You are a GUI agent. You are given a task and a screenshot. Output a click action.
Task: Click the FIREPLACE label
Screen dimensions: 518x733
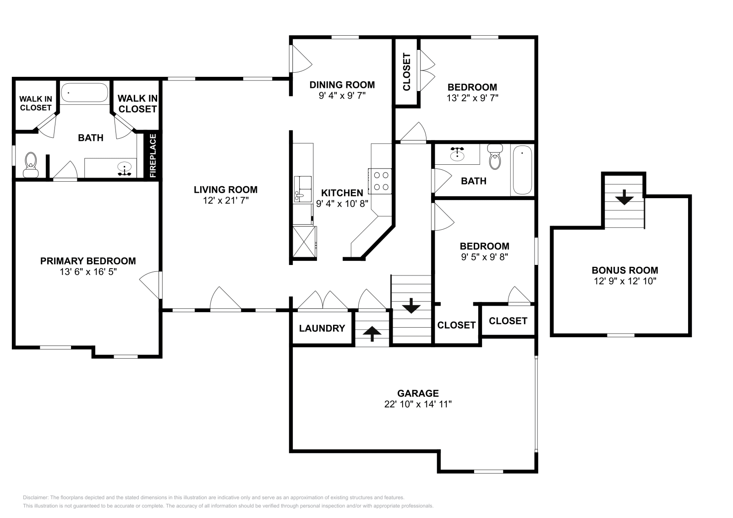coord(153,156)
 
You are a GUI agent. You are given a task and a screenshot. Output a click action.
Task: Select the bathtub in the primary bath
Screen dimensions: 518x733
coord(84,93)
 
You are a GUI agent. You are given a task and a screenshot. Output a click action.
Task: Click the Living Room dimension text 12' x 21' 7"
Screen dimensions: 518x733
coord(225,200)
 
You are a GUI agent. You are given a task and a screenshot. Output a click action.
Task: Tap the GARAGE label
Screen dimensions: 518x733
coord(418,393)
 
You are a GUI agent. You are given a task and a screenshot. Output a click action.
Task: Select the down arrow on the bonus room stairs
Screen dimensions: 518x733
coord(624,199)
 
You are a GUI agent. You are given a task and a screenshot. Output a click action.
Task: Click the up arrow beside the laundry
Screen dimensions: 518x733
coord(372,334)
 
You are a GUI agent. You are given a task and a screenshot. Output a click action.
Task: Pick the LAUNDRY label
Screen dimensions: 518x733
coord(322,328)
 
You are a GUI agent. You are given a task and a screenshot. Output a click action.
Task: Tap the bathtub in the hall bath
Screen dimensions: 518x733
coord(522,170)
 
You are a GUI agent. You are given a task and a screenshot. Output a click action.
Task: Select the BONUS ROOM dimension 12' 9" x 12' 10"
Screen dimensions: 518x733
coord(625,281)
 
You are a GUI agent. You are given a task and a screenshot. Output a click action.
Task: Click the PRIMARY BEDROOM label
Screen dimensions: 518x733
coord(88,261)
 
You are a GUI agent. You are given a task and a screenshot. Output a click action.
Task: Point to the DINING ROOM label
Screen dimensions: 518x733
coord(342,85)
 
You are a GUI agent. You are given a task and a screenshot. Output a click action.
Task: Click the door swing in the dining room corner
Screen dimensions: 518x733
coord(301,59)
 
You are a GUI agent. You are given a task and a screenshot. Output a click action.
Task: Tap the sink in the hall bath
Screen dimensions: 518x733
coord(457,154)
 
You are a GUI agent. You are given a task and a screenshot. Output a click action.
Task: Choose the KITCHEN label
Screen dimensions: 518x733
coord(342,193)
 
